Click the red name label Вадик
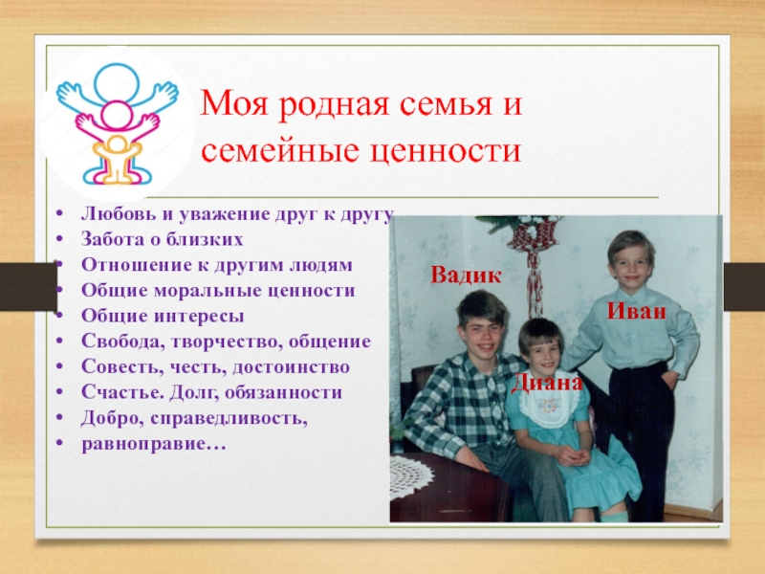466,276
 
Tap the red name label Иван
637,311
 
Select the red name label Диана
547,383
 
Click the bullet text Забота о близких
162,240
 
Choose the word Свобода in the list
123,342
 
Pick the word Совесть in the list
122,367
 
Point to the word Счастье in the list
122,392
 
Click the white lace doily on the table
411,476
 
